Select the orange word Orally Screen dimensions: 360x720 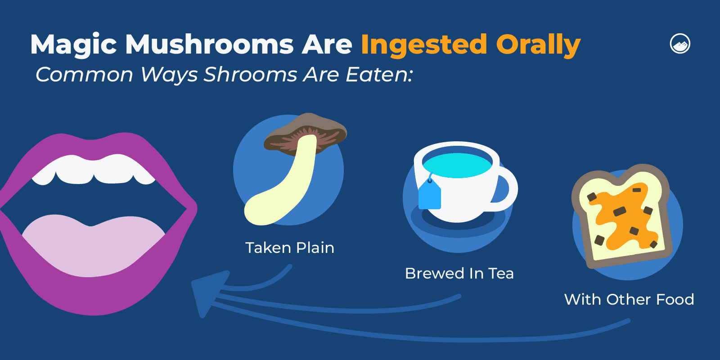pyautogui.click(x=538, y=45)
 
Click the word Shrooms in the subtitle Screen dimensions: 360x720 pyautogui.click(x=250, y=75)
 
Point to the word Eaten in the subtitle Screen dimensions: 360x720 pyautogui.click(x=378, y=75)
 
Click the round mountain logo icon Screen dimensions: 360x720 pyautogui.click(x=680, y=44)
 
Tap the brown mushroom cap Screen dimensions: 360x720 pyautogui.click(x=306, y=130)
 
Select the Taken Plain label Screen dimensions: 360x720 pyautogui.click(x=290, y=248)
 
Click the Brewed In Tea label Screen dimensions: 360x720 pyautogui.click(x=459, y=274)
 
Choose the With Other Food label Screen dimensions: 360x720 pyautogui.click(x=629, y=300)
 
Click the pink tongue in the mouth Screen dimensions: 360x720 pyautogui.click(x=94, y=245)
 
